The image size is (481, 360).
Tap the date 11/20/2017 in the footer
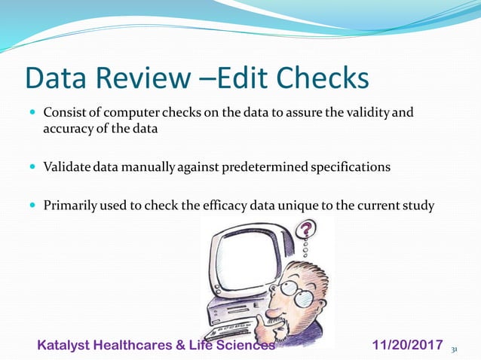click(x=408, y=346)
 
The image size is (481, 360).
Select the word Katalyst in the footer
click(x=66, y=346)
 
